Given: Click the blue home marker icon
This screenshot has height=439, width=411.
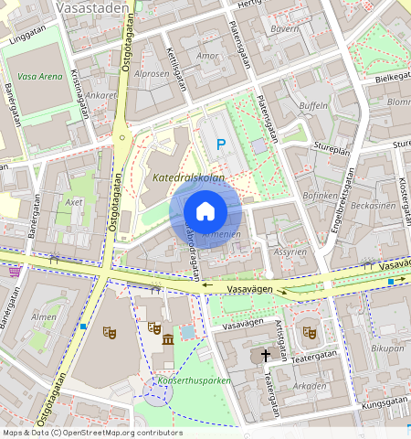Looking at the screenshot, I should point(205,211).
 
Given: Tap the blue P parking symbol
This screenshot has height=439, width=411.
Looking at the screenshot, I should point(220,144).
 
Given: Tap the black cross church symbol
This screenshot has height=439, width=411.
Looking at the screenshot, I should point(267,354).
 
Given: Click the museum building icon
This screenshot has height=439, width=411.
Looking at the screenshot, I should point(168,340).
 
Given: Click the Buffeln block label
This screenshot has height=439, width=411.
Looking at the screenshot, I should point(313,106).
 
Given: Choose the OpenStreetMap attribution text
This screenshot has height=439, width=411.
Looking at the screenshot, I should point(91,433).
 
